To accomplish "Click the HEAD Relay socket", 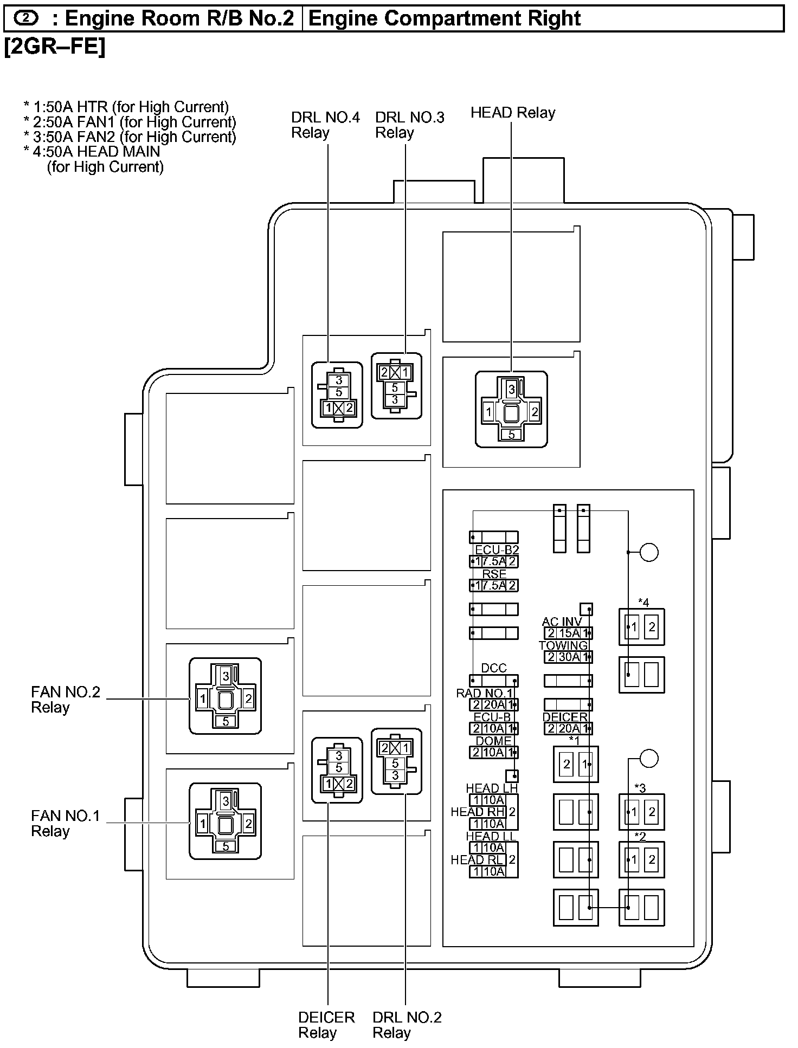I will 511,410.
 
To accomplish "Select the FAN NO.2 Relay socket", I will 225,696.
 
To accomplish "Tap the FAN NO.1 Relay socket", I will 225,821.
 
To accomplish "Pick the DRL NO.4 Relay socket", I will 337,394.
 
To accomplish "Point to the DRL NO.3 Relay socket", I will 396,386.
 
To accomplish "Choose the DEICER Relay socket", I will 337,769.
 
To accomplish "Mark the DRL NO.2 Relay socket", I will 396,761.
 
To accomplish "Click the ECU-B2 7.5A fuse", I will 494,561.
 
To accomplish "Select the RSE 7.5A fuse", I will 494,585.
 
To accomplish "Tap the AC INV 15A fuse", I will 568,633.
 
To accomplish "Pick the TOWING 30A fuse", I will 568,657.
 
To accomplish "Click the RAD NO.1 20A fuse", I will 494,704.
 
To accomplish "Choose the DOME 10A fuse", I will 494,752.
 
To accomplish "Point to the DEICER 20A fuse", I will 568,728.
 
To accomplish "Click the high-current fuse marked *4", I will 642,627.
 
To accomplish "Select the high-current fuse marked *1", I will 576,764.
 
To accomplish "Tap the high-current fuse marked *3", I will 642,812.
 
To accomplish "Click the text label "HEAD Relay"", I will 513,113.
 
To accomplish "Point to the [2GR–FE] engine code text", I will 55,47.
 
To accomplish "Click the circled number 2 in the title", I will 26,18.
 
